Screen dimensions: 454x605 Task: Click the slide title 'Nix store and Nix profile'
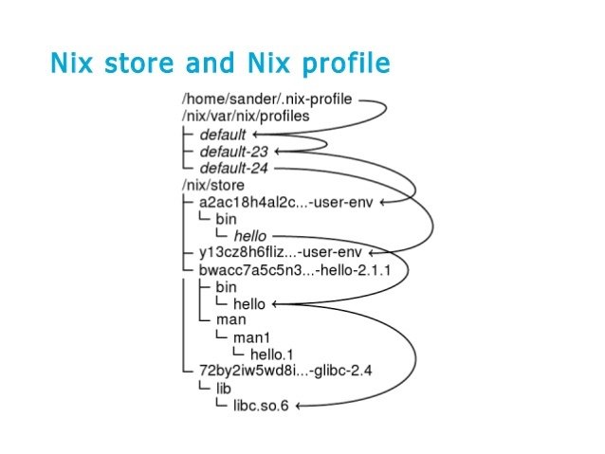pos(219,64)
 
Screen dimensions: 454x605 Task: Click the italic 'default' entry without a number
pos(222,135)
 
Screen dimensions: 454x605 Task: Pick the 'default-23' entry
pos(233,152)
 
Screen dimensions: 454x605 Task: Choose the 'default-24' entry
pos(233,168)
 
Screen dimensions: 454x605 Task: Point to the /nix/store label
pos(213,185)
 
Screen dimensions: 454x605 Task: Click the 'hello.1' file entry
pos(273,354)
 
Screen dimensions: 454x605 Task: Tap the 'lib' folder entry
pos(224,389)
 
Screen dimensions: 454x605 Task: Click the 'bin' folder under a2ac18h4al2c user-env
pos(227,219)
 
